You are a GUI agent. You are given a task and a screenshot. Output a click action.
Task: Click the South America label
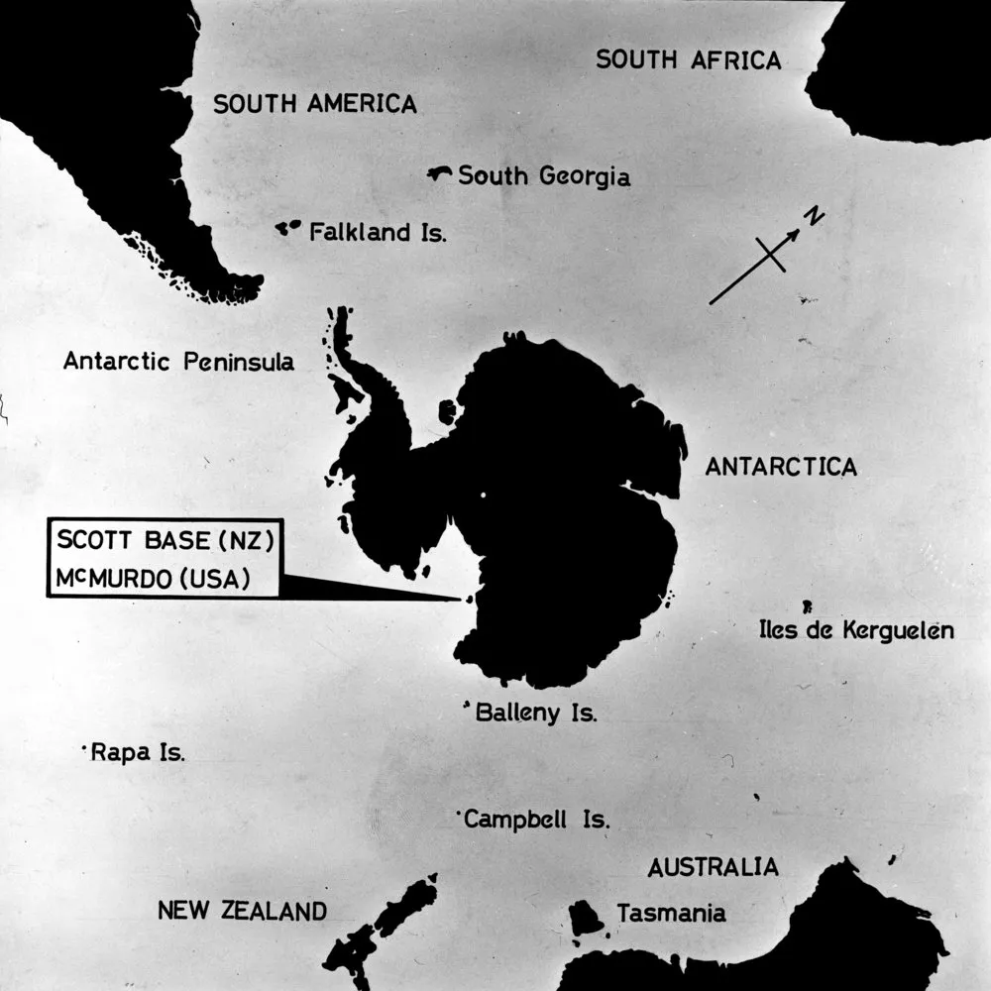pos(315,103)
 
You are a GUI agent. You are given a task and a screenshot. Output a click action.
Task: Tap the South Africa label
pos(688,59)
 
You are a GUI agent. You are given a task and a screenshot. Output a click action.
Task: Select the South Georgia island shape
pos(439,174)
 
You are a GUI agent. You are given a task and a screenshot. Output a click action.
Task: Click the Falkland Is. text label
pos(378,233)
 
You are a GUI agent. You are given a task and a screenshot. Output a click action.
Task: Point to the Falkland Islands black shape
pos(287,228)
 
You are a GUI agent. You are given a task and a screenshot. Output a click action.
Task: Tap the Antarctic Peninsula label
pos(178,362)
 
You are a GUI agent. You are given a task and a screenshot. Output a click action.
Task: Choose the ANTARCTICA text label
pos(781,467)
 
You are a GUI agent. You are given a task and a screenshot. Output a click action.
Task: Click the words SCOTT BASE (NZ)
pos(165,541)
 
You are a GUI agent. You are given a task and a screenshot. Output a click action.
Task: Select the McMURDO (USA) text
pos(153,577)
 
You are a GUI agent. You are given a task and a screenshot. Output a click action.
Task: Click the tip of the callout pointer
pos(460,599)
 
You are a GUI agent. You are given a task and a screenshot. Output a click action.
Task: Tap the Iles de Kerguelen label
pos(856,629)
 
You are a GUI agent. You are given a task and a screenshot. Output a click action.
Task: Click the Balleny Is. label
pos(536,712)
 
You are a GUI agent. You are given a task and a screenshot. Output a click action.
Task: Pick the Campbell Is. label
pos(536,820)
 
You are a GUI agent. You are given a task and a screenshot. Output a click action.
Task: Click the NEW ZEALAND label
pos(242,910)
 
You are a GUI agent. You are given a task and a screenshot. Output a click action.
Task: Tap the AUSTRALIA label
pos(713,867)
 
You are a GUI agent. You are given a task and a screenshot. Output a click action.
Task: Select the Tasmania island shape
pos(586,918)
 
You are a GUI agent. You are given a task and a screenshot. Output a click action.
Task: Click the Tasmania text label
pos(671,914)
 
